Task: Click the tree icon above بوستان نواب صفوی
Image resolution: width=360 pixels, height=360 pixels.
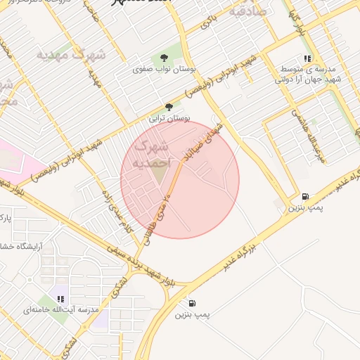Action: pyautogui.click(x=164, y=58)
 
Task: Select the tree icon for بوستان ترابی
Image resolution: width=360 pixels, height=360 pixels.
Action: pyautogui.click(x=168, y=107)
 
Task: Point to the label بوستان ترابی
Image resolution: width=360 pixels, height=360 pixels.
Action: pyautogui.click(x=167, y=119)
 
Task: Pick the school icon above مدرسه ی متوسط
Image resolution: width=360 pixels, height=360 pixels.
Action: pyautogui.click(x=307, y=59)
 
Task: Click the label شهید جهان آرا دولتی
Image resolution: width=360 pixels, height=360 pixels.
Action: pyautogui.click(x=308, y=80)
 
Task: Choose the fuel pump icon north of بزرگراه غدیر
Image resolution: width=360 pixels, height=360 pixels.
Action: pyautogui.click(x=304, y=198)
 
